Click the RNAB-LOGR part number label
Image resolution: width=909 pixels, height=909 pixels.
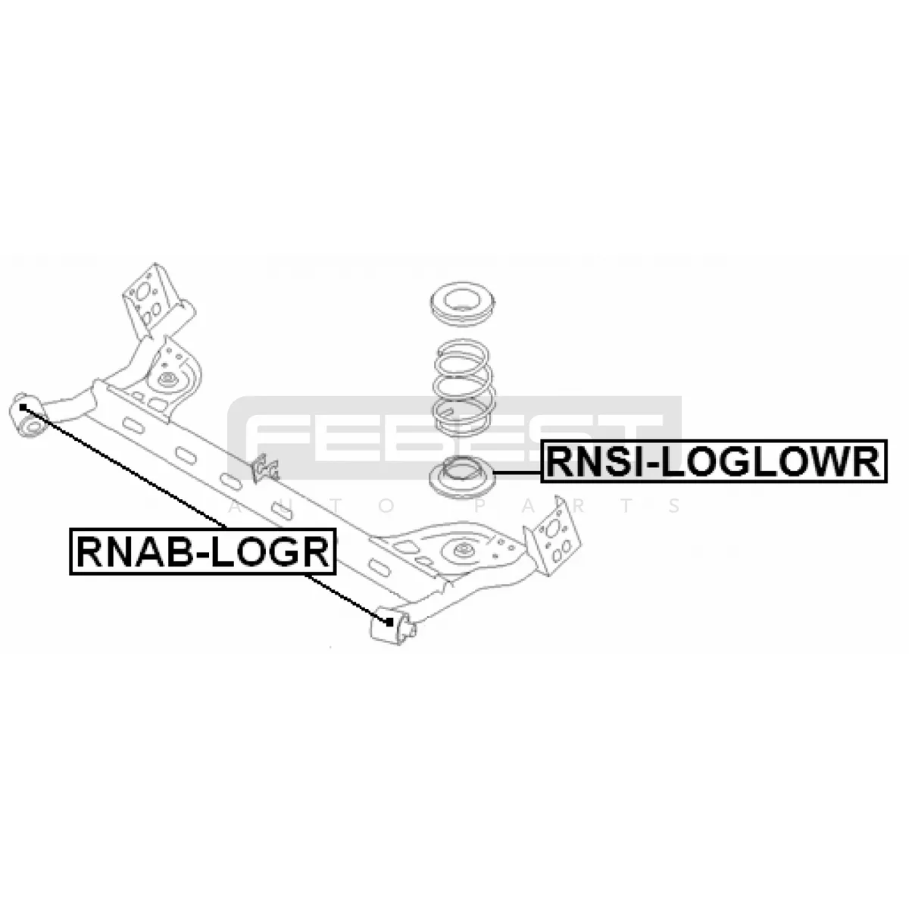pyautogui.click(x=202, y=551)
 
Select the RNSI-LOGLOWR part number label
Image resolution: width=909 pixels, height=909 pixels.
pyautogui.click(x=714, y=461)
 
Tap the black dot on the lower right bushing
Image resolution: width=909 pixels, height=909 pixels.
pyautogui.click(x=389, y=623)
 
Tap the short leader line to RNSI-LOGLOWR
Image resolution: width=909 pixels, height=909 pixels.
pyautogui.click(x=517, y=472)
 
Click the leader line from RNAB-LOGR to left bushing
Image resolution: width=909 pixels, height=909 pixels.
pyautogui.click(x=125, y=468)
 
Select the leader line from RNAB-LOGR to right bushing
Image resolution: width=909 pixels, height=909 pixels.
pyautogui.click(x=347, y=598)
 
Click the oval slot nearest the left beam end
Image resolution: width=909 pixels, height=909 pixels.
pyautogui.click(x=133, y=424)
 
